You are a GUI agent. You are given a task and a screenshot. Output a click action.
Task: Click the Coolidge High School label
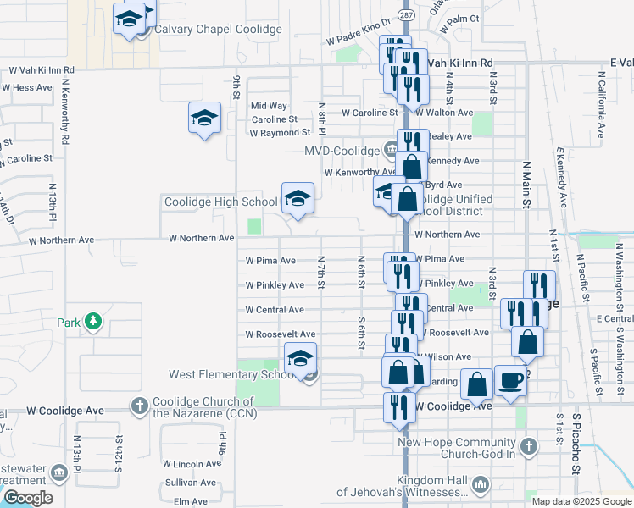[220, 202]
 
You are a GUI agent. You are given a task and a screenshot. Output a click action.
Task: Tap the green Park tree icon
[93, 322]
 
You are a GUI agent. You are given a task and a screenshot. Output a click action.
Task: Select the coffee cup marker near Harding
[511, 380]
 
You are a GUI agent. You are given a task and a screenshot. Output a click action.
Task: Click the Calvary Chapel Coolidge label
[217, 29]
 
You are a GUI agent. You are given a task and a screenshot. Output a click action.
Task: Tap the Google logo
[27, 498]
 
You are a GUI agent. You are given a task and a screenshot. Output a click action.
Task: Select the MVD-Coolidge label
[342, 151]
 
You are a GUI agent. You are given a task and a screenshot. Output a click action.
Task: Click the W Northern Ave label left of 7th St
[201, 239]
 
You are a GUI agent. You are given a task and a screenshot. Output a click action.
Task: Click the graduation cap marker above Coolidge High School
[297, 199]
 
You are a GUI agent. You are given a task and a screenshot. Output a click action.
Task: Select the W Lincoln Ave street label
[191, 464]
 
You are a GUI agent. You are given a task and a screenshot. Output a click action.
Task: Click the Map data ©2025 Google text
[581, 501]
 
